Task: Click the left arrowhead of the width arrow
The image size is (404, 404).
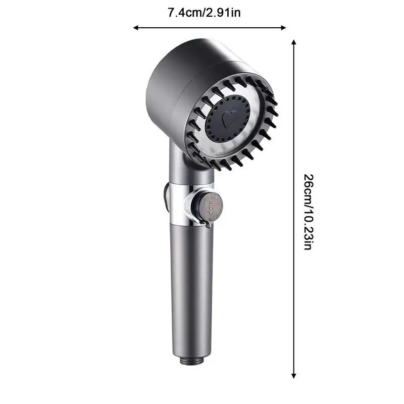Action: click(x=135, y=28)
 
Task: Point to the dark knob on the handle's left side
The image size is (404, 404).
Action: click(x=166, y=198)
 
